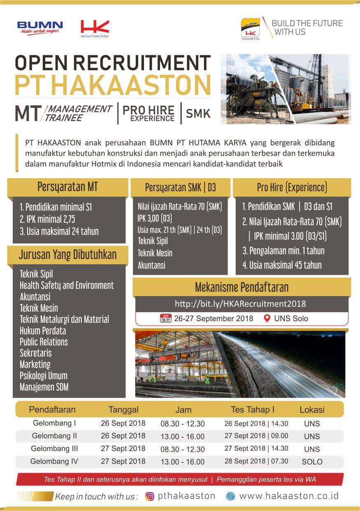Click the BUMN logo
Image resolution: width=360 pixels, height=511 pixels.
point(40,28)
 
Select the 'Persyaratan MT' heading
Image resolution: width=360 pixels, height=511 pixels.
point(67,187)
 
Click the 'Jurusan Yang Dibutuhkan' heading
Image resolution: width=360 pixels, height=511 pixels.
point(67,254)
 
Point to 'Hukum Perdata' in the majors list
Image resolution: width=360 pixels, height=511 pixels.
point(43,331)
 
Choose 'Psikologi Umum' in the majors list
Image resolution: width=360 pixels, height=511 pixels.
point(44,376)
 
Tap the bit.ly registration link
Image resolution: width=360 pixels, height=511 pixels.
point(240,304)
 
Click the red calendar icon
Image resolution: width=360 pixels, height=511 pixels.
point(165,318)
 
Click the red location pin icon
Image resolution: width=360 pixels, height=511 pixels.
point(267,318)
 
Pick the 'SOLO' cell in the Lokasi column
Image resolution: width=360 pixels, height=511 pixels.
point(312,462)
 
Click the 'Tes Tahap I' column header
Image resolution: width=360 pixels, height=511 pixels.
point(253,410)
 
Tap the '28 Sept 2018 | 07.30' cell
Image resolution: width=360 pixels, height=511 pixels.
point(256,461)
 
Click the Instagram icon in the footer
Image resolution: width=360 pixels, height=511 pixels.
point(150,496)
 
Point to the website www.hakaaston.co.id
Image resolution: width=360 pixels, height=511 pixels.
point(289,496)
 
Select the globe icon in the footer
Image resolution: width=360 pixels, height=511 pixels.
point(230,496)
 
